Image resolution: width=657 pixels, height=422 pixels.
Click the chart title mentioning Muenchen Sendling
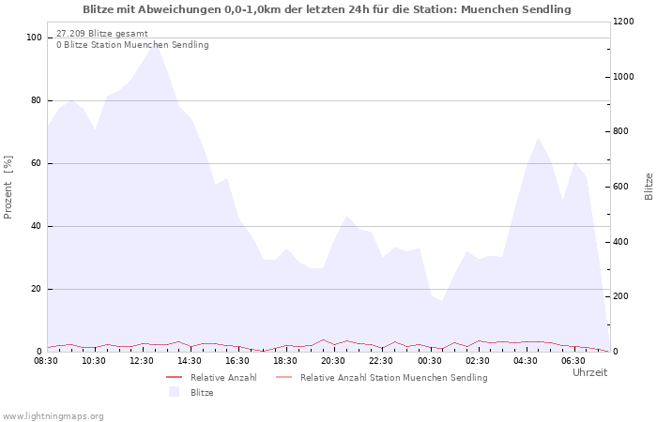(327, 9)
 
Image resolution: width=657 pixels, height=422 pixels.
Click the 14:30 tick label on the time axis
(190, 361)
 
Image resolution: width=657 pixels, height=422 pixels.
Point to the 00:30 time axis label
(430, 361)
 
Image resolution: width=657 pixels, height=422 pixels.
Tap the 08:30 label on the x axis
(46, 361)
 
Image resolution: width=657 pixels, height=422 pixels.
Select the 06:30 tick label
(573, 361)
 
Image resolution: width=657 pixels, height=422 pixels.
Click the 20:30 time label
(333, 361)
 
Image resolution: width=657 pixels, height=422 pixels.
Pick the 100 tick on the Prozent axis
(34, 38)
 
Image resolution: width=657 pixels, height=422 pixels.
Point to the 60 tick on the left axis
(36, 163)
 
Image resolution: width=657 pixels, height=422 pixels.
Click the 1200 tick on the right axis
(623, 22)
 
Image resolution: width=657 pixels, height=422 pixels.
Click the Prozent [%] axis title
(8, 188)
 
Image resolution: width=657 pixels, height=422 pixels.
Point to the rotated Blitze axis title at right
(649, 187)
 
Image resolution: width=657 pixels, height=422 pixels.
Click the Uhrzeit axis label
(590, 372)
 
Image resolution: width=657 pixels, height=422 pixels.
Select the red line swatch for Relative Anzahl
(175, 377)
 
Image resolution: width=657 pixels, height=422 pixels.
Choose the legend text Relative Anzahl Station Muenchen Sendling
(394, 378)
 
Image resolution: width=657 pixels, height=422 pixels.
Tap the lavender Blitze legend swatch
(175, 392)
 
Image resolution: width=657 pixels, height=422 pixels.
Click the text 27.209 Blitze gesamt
(102, 34)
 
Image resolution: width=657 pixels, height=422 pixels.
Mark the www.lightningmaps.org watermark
(53, 416)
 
